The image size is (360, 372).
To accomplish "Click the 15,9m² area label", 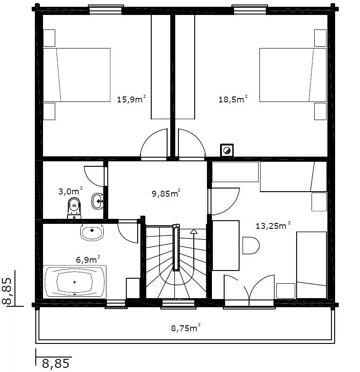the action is click(x=131, y=99).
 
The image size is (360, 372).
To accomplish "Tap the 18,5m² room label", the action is click(x=233, y=99).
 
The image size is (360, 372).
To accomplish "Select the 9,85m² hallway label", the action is click(x=166, y=193).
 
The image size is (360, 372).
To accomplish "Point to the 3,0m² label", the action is click(x=71, y=191).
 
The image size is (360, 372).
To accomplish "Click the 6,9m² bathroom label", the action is click(x=88, y=260).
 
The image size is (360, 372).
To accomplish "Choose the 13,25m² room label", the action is click(x=273, y=225).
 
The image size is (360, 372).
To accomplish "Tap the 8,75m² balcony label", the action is click(x=186, y=328).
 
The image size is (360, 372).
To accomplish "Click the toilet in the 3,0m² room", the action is click(x=74, y=208).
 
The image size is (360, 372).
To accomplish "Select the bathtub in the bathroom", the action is click(x=74, y=282).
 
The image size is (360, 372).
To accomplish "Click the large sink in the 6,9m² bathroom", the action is click(x=92, y=232).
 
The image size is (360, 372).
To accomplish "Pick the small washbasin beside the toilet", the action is click(x=97, y=201).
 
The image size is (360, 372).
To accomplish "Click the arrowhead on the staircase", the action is click(x=194, y=232).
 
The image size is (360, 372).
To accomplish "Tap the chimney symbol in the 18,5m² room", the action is click(x=227, y=150).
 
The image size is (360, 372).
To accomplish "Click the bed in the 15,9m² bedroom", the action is click(x=77, y=75).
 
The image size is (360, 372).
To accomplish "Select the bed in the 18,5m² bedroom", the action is click(x=293, y=75).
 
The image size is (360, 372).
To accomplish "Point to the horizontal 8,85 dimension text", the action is click(x=56, y=363).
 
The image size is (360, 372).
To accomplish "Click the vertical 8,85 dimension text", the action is click(x=7, y=291).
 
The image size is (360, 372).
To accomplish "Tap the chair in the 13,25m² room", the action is click(x=251, y=246).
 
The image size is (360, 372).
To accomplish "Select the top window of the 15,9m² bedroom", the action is click(x=106, y=10).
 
